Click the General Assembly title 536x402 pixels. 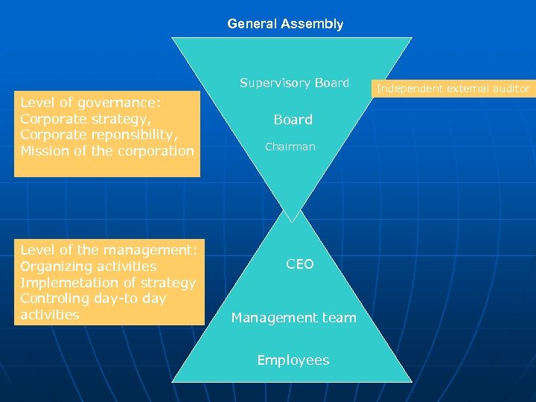[x=285, y=24]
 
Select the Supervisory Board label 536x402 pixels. [x=294, y=83]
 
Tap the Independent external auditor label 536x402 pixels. [x=453, y=89]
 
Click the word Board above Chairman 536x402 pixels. [x=293, y=119]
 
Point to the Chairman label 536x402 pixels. [x=290, y=147]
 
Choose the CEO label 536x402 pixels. [x=300, y=264]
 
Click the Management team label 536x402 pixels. [x=293, y=318]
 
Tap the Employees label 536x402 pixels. [x=293, y=360]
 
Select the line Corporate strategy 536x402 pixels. [x=85, y=118]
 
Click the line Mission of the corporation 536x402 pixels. [x=106, y=151]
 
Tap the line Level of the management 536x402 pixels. [x=108, y=250]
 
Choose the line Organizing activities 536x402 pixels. [x=88, y=267]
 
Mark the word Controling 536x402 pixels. [x=54, y=299]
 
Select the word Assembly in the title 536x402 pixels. [x=312, y=24]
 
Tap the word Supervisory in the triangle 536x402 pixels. [x=275, y=83]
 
